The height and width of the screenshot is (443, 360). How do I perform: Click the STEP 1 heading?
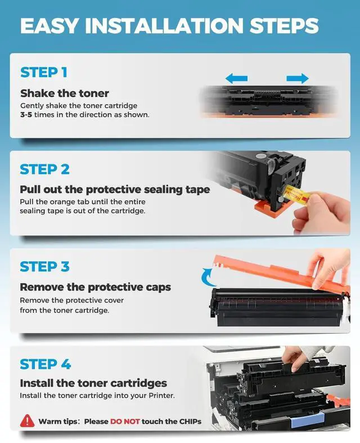coord(44,72)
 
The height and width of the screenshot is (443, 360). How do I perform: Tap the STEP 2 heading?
coord(44,169)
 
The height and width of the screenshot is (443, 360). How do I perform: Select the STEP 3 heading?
coord(44,267)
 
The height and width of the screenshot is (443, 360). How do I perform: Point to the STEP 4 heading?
coord(45,364)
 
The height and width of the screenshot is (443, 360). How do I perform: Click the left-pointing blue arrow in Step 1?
coord(237,78)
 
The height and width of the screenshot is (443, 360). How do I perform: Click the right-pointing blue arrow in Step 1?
coord(298,78)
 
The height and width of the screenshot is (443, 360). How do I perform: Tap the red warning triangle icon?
coord(28,420)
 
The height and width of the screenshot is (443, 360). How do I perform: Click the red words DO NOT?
coord(125,422)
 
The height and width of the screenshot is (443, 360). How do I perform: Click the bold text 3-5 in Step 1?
coord(26,115)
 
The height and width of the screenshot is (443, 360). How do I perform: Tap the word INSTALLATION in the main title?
coord(164,26)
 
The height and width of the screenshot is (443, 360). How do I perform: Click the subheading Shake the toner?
coord(65,93)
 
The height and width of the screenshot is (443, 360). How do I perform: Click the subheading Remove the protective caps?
coord(96,287)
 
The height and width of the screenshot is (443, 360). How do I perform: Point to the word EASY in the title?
coord(49,26)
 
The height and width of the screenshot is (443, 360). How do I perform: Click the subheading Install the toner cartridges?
coord(93,383)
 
